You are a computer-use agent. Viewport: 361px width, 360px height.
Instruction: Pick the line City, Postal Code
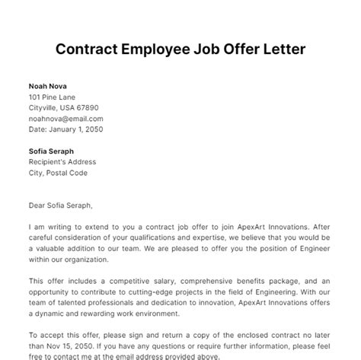pos(60,172)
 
